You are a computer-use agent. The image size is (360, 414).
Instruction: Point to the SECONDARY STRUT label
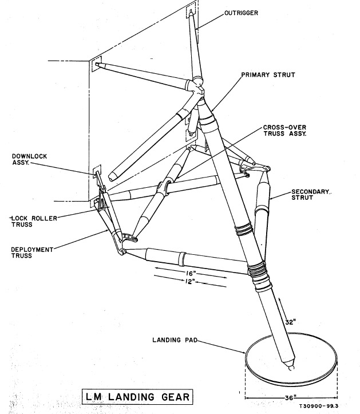click(312, 195)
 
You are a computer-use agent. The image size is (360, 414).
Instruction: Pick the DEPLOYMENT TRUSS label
click(30, 253)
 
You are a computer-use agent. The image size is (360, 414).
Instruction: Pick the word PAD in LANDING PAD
click(188, 340)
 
